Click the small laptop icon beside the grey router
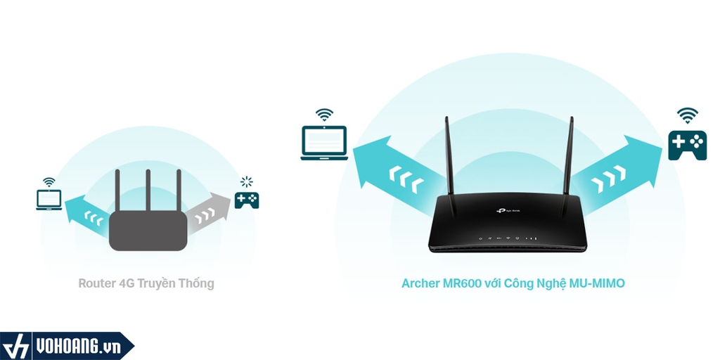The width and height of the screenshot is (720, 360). click(x=49, y=200)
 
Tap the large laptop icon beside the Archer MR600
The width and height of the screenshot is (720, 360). click(x=324, y=142)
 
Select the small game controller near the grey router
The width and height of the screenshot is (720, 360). click(x=247, y=200)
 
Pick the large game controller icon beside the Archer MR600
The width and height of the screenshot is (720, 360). click(x=687, y=144)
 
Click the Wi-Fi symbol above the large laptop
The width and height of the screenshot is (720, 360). click(x=324, y=114)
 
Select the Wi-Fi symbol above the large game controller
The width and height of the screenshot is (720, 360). click(x=687, y=115)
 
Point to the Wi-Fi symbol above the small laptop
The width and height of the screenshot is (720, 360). click(x=49, y=182)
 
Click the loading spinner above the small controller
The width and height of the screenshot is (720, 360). click(x=246, y=182)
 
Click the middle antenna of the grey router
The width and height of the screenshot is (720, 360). click(x=148, y=190)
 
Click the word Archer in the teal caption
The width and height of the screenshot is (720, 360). click(x=419, y=283)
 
